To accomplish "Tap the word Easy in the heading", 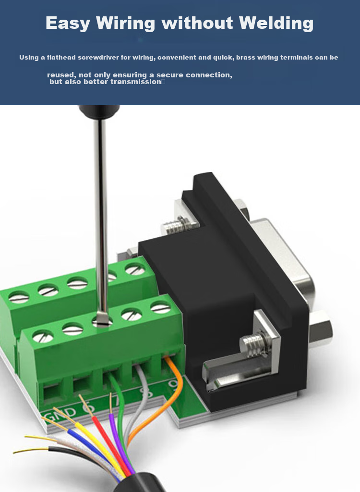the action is (x=68, y=23).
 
